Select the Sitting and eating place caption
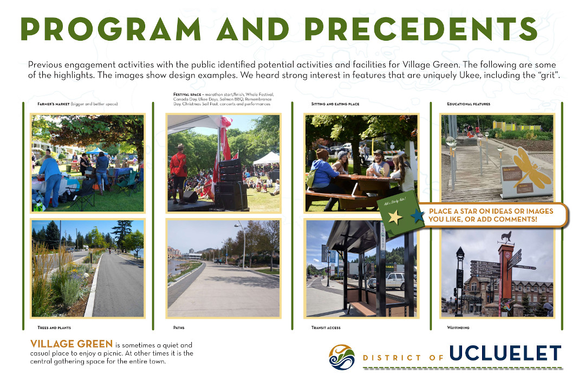click(x=335, y=104)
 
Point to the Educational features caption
click(x=469, y=104)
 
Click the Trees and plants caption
click(x=54, y=327)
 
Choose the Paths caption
click(x=179, y=327)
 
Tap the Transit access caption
click(x=326, y=327)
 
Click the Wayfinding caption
click(x=458, y=327)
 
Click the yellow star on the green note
click(x=395, y=217)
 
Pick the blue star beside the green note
click(x=418, y=216)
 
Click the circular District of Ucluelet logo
click(x=342, y=357)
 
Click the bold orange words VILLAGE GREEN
click(x=72, y=344)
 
